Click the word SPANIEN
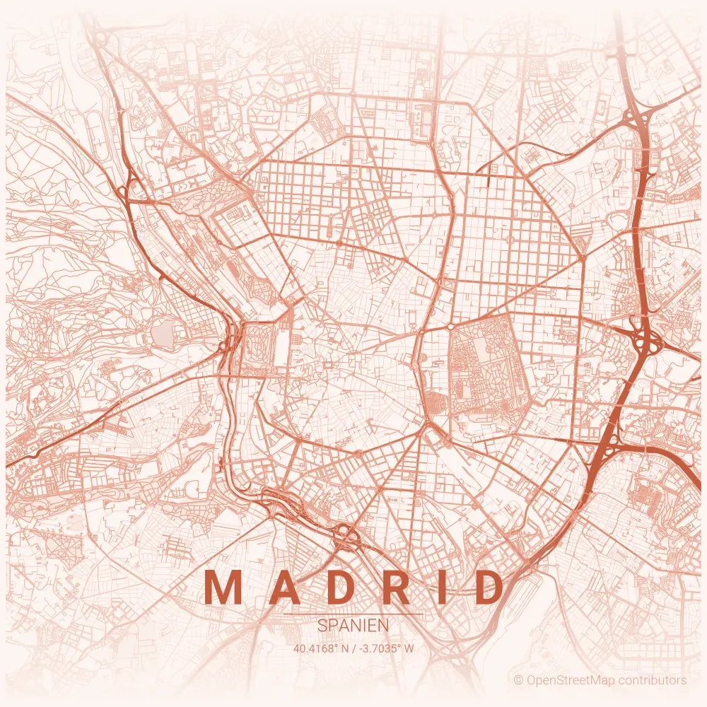tap(353, 626)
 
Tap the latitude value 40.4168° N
tap(322, 647)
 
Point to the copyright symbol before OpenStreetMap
tap(518, 680)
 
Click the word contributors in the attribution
tap(653, 680)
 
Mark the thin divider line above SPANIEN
tap(353, 614)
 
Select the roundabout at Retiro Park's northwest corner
tap(450, 327)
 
